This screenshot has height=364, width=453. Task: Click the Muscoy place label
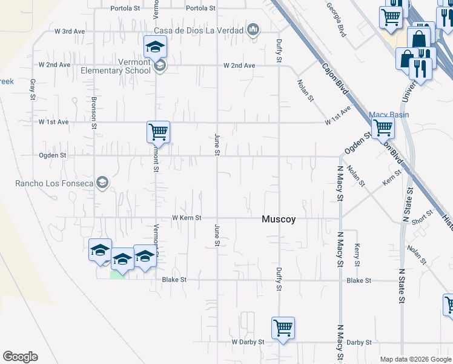tap(279, 220)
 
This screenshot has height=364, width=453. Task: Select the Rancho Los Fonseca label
tap(55, 184)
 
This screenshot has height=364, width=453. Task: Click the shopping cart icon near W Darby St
tap(283, 328)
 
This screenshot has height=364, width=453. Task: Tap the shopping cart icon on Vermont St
tap(158, 131)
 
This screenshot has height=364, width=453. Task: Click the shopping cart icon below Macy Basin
tap(383, 128)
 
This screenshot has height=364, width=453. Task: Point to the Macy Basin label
tap(389, 115)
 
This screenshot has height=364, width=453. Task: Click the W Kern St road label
tap(186, 217)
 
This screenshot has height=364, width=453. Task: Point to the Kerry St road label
tap(357, 255)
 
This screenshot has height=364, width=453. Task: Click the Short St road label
tap(423, 217)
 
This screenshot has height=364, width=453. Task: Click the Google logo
tap(20, 357)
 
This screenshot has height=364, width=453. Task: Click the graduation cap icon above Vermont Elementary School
tap(154, 46)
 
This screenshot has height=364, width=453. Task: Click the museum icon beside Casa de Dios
tap(253, 30)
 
